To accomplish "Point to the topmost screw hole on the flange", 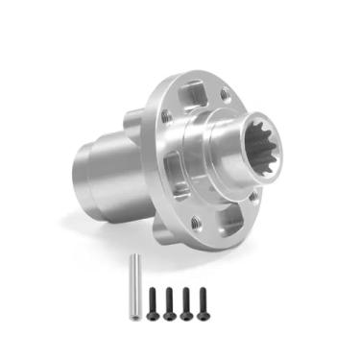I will click(225, 94).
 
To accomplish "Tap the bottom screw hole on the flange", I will click(196, 222).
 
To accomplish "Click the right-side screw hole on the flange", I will click(252, 199).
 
